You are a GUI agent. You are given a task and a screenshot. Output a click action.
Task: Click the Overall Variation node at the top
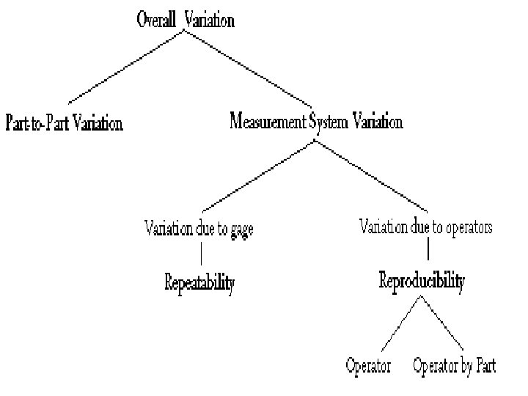(x=186, y=20)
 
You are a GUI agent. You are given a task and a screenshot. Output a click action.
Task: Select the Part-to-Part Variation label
(x=65, y=122)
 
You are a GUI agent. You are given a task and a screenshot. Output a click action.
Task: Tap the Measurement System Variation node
(x=316, y=121)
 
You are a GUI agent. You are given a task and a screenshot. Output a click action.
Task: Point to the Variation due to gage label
(x=199, y=229)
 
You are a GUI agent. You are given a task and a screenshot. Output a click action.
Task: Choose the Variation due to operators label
(x=426, y=227)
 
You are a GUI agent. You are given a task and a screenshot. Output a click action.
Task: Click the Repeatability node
(x=199, y=282)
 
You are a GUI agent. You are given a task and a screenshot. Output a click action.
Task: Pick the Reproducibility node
(x=422, y=280)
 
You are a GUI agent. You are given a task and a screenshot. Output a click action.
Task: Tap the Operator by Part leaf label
(x=454, y=365)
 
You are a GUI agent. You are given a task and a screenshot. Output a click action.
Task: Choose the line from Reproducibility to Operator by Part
(x=442, y=323)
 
